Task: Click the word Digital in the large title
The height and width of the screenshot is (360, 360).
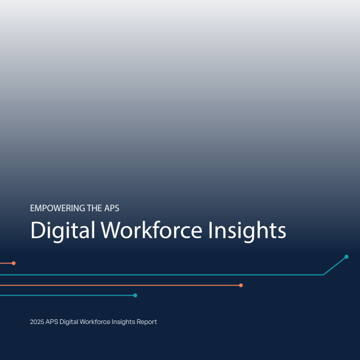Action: click(62, 231)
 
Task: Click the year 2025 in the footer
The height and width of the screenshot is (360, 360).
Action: click(37, 322)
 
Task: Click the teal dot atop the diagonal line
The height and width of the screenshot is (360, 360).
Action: click(346, 257)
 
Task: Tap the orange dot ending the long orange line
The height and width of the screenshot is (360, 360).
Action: click(241, 285)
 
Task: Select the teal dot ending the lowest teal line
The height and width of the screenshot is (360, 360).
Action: click(135, 295)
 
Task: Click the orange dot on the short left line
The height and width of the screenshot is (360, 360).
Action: click(13, 263)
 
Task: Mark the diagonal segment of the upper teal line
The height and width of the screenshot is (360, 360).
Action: click(335, 266)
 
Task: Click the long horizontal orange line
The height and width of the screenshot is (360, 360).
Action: click(120, 285)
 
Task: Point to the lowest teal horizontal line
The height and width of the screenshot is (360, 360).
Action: click(66, 295)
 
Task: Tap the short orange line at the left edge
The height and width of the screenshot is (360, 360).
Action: click(5, 263)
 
